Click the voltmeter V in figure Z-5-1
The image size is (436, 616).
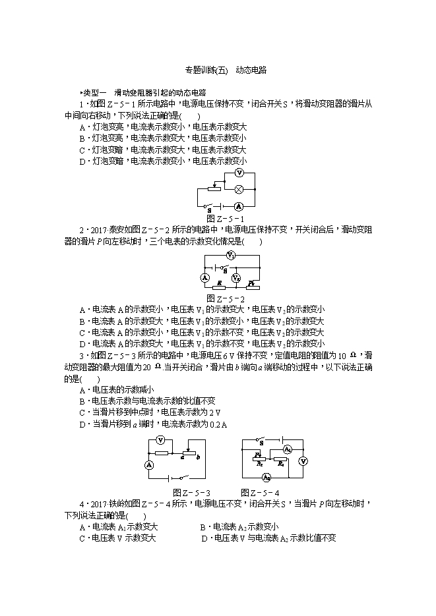tap(240, 173)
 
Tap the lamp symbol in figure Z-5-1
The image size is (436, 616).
tap(240, 188)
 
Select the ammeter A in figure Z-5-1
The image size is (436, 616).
tap(240, 206)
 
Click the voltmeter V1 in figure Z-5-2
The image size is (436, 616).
tap(230, 255)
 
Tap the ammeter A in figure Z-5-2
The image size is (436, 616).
tap(187, 277)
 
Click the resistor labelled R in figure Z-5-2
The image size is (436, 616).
tap(218, 285)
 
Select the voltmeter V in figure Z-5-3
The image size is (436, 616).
tap(160, 440)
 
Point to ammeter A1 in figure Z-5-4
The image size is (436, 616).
tap(287, 449)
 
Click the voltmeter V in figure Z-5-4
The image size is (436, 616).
tap(303, 461)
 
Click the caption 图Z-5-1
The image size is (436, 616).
tap(225, 219)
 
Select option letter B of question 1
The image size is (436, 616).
tap(82, 138)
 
